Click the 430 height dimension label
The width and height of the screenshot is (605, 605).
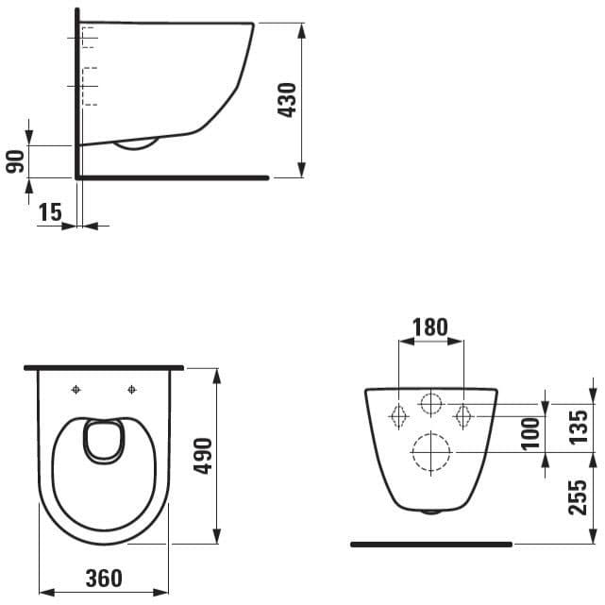point(287,99)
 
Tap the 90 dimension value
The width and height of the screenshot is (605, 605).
point(15,161)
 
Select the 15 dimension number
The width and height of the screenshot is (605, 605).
point(50,211)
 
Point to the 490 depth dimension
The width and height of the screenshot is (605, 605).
point(203,456)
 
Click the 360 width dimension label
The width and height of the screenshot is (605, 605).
point(104,578)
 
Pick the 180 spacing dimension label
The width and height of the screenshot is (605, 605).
point(430,327)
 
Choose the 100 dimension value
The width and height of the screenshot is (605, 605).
point(530,433)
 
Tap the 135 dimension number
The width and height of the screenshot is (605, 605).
point(579,427)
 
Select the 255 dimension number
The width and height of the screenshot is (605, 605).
point(578,497)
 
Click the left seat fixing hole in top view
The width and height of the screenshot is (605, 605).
point(76,390)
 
